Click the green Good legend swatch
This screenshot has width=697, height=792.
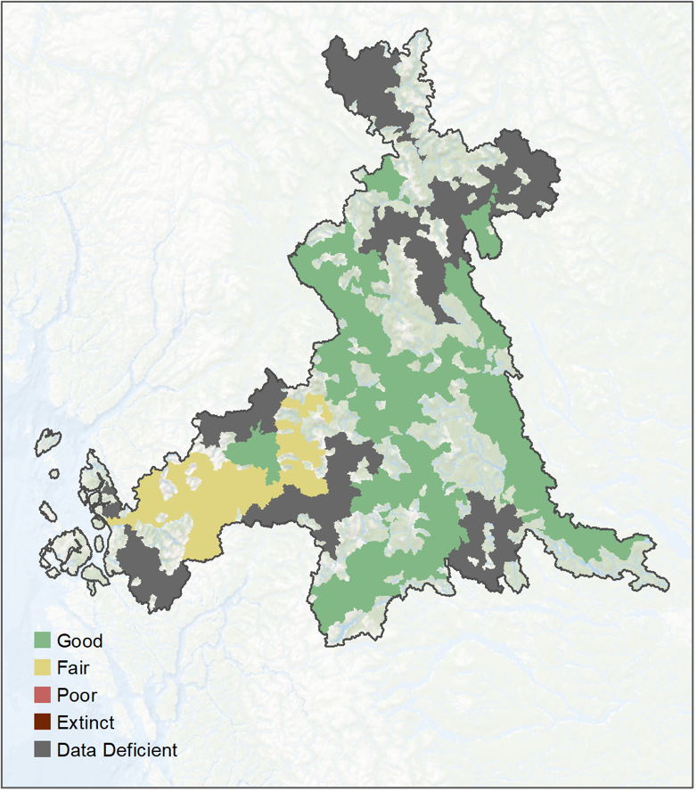coord(42,641)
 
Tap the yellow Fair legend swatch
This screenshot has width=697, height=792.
coord(42,667)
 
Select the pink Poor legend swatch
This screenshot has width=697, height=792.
coord(42,695)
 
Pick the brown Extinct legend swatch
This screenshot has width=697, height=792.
coord(42,723)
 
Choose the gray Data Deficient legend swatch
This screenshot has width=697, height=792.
coord(42,750)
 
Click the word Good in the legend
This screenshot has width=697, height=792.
coord(79,641)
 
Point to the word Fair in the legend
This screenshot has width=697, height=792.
coord(73,667)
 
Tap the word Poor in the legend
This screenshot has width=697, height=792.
coord(77,695)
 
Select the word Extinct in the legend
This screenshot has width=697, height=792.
coord(86,723)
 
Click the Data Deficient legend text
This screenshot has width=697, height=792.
coord(117,750)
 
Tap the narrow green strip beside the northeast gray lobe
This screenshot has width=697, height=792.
coord(483,227)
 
